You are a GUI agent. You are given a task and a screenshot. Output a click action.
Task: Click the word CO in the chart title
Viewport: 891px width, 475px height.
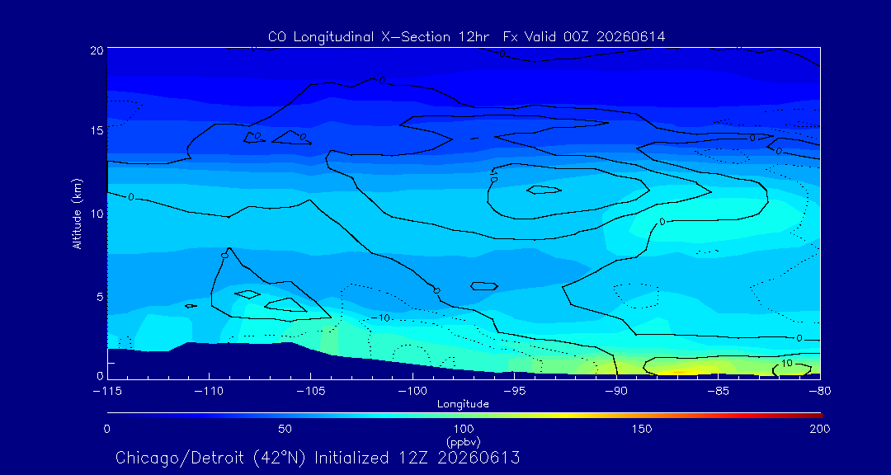(x=276, y=37)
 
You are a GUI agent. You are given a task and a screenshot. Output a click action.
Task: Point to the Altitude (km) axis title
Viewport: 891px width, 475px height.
(x=78, y=213)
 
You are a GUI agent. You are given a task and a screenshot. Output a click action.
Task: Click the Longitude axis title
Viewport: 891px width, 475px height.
(x=463, y=404)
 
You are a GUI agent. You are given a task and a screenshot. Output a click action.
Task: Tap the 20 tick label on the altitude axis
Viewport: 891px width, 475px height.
(x=97, y=50)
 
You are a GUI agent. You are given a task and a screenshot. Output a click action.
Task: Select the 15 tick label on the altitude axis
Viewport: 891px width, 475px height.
(x=97, y=130)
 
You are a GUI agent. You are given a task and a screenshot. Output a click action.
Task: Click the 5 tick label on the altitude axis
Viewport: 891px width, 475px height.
(x=100, y=296)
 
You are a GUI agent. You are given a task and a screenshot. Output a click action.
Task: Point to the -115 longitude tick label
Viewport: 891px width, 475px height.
(x=107, y=392)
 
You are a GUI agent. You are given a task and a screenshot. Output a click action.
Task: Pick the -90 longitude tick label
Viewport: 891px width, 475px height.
(x=616, y=392)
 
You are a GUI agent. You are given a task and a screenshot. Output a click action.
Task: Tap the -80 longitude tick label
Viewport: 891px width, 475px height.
(x=820, y=392)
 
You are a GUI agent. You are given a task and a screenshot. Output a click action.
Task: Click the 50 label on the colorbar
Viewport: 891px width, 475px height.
(x=285, y=429)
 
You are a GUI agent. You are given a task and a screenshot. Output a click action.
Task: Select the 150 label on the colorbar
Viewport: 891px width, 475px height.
(x=642, y=429)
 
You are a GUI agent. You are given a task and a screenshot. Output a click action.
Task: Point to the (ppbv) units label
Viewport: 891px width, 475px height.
(x=463, y=441)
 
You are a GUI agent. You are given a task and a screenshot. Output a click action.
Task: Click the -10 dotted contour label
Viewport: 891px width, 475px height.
(x=380, y=317)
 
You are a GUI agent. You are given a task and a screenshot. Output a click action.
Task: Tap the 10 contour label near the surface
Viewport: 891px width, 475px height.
(x=787, y=363)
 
